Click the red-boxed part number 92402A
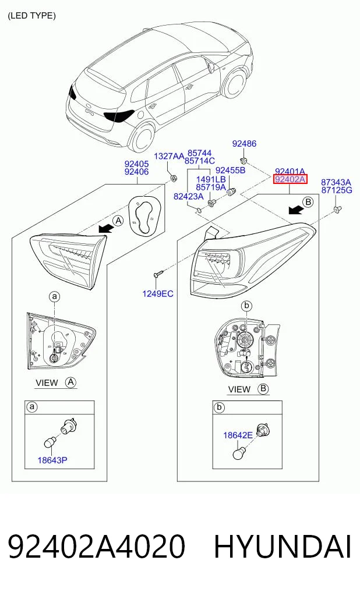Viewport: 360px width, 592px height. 290,179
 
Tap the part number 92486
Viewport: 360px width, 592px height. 244,143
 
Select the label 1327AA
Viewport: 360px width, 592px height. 169,156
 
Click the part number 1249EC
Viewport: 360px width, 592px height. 157,293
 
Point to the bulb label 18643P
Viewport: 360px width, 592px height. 52,460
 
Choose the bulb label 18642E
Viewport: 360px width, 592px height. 238,435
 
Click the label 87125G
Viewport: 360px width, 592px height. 336,190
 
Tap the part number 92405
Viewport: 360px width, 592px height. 136,164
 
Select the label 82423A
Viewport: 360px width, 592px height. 189,196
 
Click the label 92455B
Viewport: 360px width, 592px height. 230,170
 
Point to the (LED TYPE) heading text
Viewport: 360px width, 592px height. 31,16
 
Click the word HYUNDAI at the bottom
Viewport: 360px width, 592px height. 283,546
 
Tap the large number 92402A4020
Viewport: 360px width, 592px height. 96,546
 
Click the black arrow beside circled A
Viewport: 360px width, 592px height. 105,227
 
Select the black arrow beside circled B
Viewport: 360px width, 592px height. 295,210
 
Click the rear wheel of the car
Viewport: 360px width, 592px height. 142,136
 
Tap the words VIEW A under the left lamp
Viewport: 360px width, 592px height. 56,382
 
